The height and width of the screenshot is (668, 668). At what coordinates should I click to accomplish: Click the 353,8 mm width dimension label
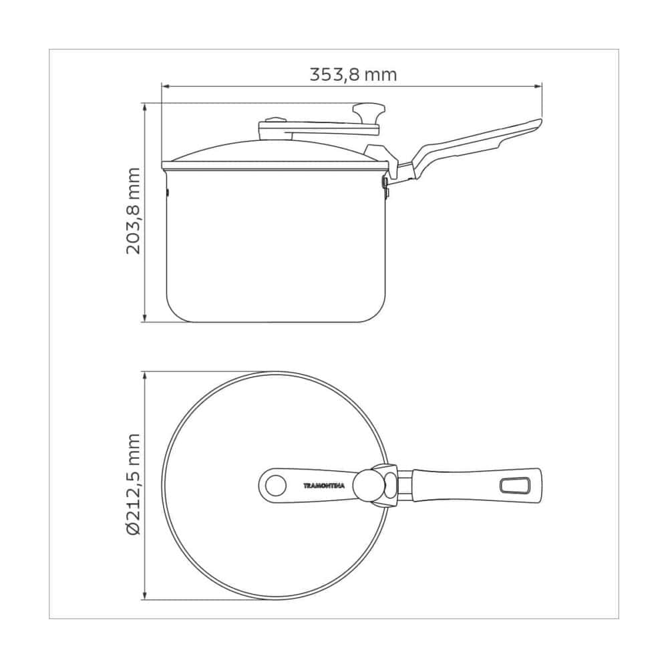point(353,75)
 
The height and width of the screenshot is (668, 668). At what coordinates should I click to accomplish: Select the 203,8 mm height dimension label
point(134,211)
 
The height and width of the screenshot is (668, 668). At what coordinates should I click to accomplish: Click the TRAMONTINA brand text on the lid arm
point(324,485)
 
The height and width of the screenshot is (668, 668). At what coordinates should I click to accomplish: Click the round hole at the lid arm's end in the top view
point(276,485)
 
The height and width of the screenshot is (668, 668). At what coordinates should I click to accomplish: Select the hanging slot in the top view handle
point(514,486)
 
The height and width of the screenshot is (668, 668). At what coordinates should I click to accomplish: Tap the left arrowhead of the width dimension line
point(165,86)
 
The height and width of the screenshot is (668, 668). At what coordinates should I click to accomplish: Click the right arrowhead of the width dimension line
point(538,86)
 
